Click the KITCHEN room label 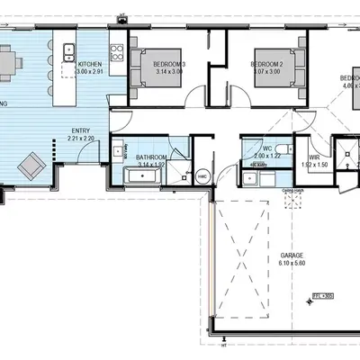(90, 65)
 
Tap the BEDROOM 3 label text (169, 65)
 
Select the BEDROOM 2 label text (266, 65)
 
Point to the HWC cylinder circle (202, 176)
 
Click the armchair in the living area (35, 164)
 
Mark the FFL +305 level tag (321, 294)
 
